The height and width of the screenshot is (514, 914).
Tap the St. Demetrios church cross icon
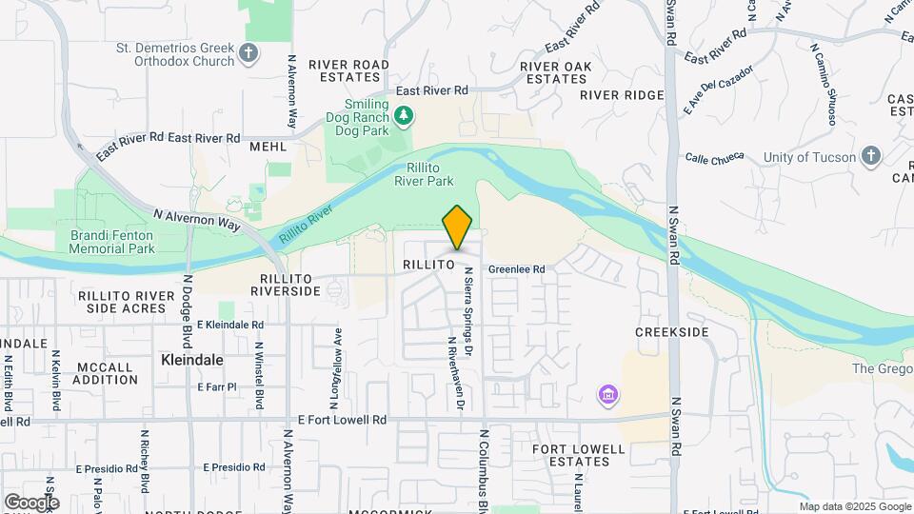[x=249, y=52]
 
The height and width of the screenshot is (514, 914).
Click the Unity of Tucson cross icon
[x=870, y=157]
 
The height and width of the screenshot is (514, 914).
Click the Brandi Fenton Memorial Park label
[x=112, y=242]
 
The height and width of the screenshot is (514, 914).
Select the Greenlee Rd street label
[x=516, y=269]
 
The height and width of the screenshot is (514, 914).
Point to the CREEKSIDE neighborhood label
[x=672, y=331]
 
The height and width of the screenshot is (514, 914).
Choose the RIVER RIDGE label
[x=621, y=95]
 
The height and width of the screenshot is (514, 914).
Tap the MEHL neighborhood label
[x=268, y=148]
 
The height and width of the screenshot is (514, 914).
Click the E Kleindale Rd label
[x=231, y=325]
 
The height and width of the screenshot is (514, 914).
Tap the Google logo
[x=31, y=502]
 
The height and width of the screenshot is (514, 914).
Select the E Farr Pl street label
[x=216, y=387]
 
